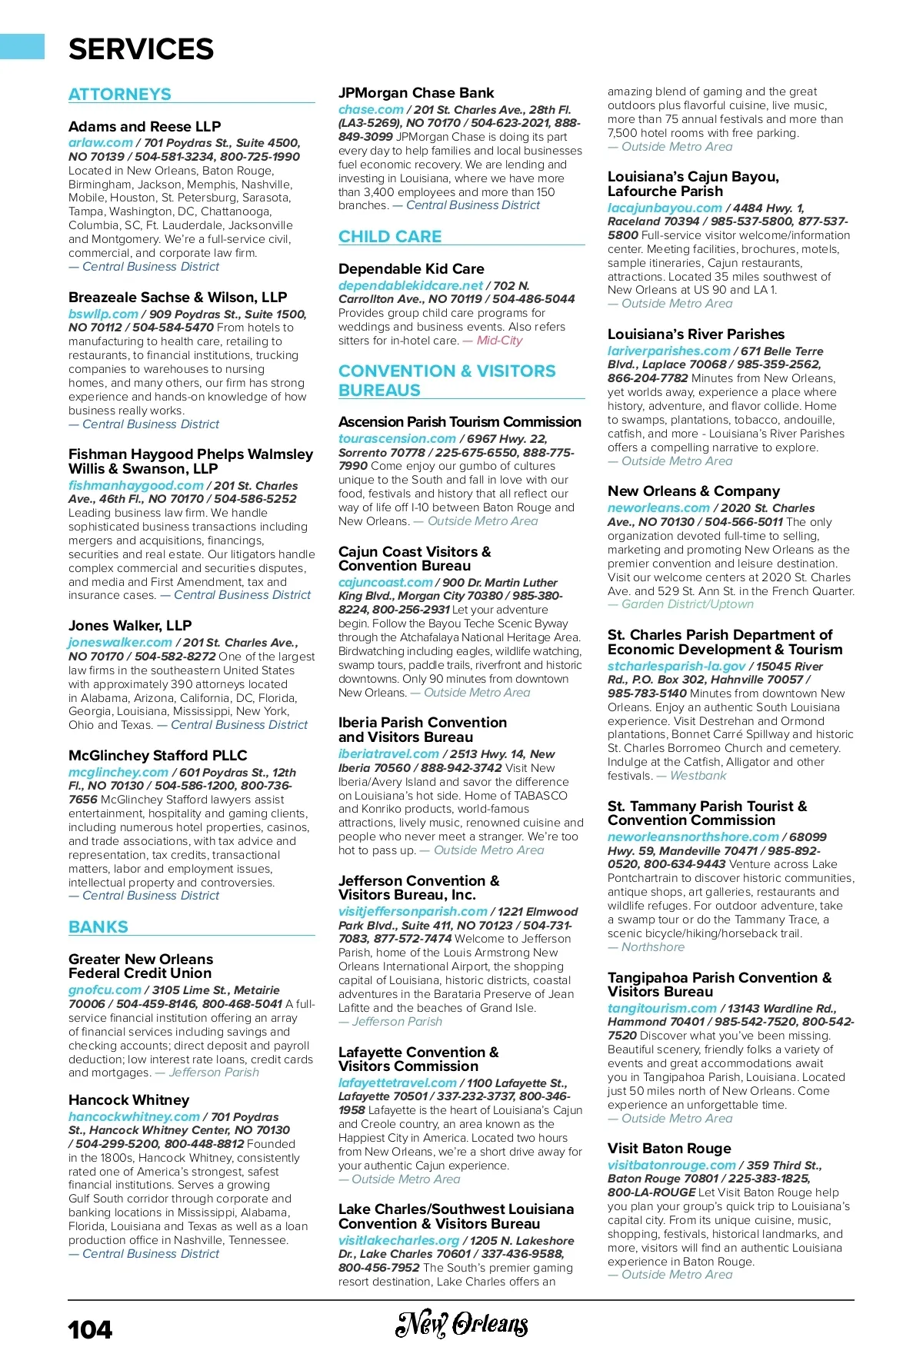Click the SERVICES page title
pos(141,50)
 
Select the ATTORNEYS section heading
pos(120,95)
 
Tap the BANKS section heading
pos(98,927)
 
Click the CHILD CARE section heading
pos(390,237)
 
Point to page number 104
pos(90,1330)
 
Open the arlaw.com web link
pos(101,143)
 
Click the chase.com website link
pos(371,110)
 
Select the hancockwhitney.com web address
pos(134,1116)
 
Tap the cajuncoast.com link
pos(385,583)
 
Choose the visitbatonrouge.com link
pos(671,1165)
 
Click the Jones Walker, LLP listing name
pos(130,626)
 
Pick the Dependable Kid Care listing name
pos(412,269)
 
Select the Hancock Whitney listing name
pos(128,1100)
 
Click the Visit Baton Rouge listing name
pos(669,1149)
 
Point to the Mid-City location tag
pos(499,341)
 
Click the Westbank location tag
pos(698,776)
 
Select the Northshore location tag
pos(652,947)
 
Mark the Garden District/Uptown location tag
pos(687,604)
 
